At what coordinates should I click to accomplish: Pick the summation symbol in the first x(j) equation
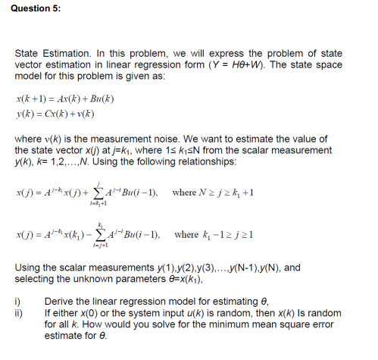[116, 195]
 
